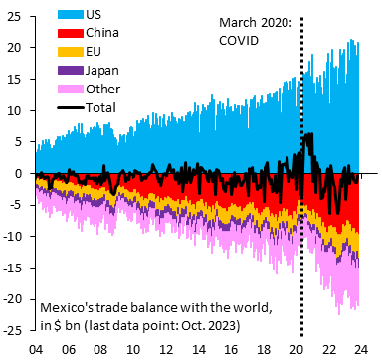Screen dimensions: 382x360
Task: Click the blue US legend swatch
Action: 71,14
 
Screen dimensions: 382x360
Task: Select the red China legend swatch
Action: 71,33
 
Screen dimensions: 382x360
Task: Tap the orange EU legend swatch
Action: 71,52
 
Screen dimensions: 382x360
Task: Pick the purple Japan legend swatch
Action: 71,71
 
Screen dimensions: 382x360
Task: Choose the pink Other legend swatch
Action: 71,90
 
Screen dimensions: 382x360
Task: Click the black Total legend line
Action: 71,107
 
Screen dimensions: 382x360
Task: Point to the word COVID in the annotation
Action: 239,41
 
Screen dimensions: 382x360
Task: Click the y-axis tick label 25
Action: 14,16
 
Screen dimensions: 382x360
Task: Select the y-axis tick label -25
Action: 12,330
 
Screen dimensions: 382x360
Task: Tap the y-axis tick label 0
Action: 18,173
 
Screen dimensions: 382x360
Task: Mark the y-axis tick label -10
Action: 12,236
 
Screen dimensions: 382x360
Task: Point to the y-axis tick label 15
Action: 14,79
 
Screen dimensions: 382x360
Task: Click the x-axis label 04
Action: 36,349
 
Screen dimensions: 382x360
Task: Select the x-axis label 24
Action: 361,349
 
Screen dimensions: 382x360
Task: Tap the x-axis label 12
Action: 166,349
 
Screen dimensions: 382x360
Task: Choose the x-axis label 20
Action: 296,349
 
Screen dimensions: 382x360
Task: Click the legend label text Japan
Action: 101,71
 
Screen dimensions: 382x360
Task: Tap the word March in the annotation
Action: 238,23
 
